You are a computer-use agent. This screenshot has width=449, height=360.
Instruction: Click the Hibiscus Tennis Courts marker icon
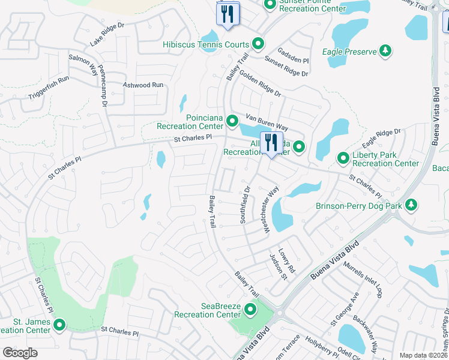click(258, 44)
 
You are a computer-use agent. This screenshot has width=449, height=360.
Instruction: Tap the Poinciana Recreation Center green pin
click(233, 122)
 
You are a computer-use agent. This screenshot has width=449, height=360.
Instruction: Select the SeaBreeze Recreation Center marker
click(250, 310)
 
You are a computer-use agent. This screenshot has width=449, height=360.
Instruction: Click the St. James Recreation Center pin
click(59, 326)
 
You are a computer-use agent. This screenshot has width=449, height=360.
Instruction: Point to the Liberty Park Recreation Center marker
click(343, 158)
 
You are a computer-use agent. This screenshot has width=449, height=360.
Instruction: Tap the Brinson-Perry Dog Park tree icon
click(411, 205)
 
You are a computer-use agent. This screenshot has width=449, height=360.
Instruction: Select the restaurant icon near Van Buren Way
click(271, 144)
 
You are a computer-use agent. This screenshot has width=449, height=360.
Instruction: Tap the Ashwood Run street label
click(143, 85)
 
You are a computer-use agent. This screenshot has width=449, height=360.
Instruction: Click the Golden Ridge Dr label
click(260, 84)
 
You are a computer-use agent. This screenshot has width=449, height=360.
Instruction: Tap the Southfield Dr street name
click(245, 205)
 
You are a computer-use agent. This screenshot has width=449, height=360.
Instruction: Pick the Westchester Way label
click(268, 209)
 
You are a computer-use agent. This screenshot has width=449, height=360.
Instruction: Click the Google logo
click(20, 353)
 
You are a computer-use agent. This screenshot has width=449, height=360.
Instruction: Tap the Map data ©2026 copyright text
click(423, 355)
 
